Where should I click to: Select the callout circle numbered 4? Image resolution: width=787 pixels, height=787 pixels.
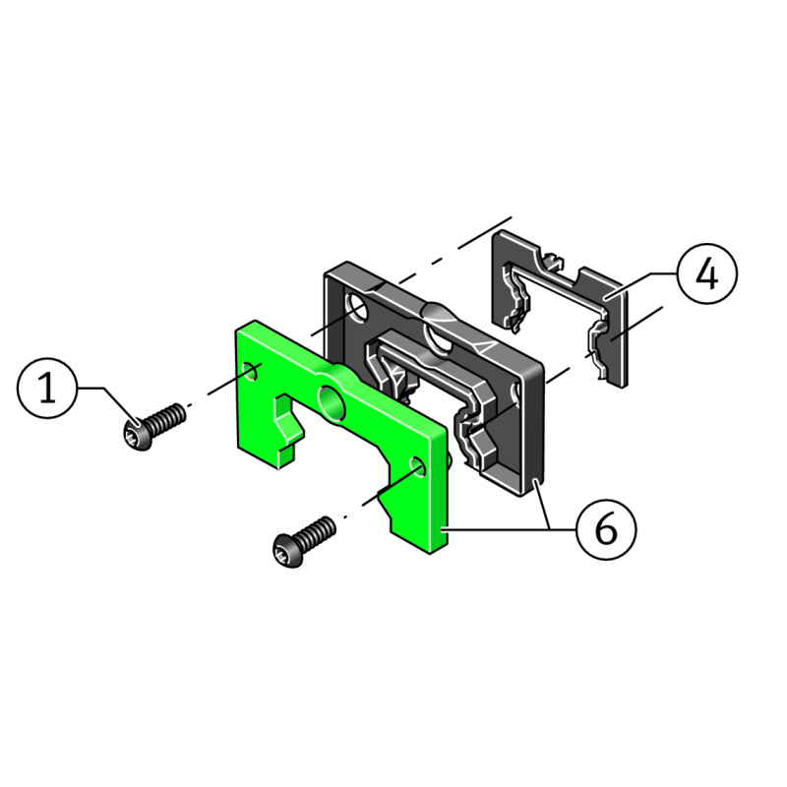click(706, 273)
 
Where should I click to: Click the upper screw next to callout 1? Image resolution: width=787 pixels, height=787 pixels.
click(152, 427)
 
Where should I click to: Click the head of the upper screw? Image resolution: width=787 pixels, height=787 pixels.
click(136, 436)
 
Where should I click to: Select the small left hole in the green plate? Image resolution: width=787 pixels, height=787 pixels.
click(252, 371)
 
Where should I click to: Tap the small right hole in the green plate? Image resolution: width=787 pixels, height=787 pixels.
click(418, 464)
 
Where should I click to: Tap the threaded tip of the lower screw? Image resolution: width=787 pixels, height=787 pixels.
click(326, 527)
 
